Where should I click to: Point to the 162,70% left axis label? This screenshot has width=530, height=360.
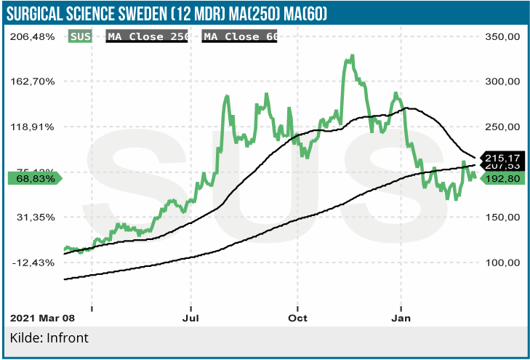[x=34, y=81]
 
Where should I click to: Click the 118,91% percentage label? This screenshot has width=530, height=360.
[x=34, y=127]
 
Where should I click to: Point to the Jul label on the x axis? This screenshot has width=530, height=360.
[x=191, y=318]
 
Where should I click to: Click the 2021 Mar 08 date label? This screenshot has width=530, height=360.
[x=42, y=318]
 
